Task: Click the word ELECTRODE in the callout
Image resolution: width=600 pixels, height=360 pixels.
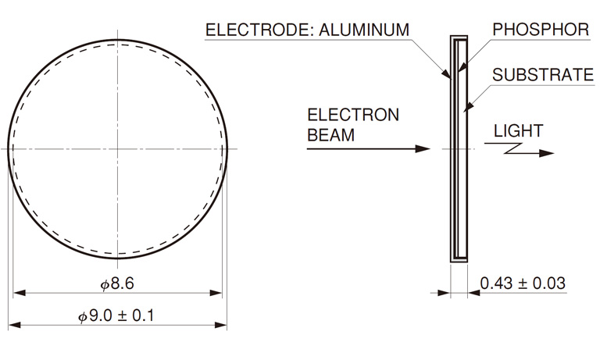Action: click(x=259, y=30)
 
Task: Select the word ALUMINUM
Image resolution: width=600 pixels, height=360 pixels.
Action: click(x=364, y=30)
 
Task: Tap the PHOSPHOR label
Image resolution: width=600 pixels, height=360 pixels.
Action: click(x=541, y=30)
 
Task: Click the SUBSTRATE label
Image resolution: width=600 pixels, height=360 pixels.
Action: click(x=543, y=75)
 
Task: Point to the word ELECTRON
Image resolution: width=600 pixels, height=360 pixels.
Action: click(x=353, y=115)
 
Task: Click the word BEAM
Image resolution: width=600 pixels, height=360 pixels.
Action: click(x=331, y=135)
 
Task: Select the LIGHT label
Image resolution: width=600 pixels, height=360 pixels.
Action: click(x=519, y=131)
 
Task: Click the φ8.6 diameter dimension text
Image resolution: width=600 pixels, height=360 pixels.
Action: click(x=117, y=284)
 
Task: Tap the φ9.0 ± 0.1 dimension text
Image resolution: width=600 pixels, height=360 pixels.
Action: click(x=116, y=316)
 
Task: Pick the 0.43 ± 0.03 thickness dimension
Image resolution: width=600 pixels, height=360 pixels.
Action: click(x=523, y=283)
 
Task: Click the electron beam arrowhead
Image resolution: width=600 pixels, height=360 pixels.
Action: click(x=423, y=148)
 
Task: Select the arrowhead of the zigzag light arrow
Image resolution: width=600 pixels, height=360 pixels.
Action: click(x=547, y=153)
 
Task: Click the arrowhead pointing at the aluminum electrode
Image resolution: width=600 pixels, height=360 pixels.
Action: click(x=447, y=73)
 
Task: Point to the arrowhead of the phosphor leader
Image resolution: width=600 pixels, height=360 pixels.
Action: click(x=462, y=67)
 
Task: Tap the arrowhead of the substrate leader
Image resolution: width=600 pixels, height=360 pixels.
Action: click(x=469, y=104)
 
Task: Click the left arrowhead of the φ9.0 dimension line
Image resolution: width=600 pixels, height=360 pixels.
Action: click(x=15, y=325)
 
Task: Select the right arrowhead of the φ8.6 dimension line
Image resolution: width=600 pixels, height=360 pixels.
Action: click(x=216, y=293)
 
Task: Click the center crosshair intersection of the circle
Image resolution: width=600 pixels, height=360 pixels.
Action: click(x=117, y=148)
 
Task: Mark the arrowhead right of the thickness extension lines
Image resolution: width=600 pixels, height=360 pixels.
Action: click(x=474, y=293)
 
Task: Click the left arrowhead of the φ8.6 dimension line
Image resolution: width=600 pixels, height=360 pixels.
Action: click(x=20, y=293)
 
